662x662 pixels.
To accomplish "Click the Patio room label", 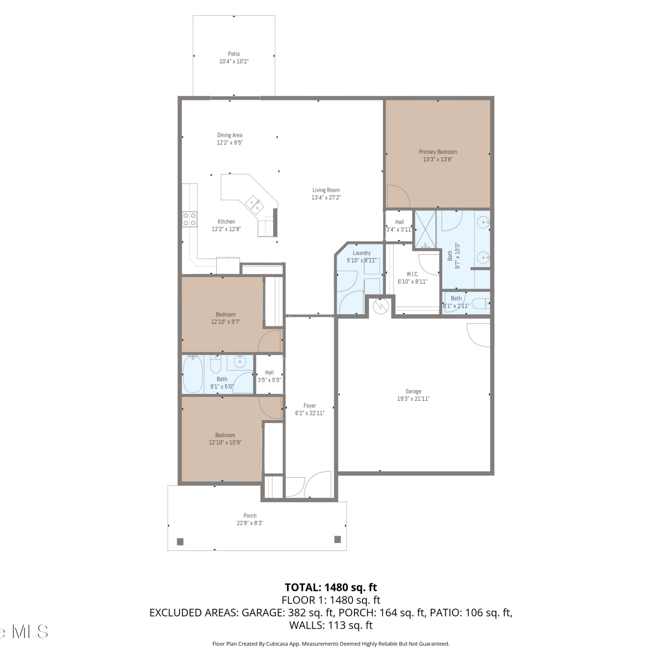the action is pos(234,54).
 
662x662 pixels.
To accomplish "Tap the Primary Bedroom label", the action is pos(438,152).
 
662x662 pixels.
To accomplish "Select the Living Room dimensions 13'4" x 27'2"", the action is pos(326,198).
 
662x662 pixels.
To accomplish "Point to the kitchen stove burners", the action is pos(190,219).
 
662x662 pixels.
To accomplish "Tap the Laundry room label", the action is pos(361,253).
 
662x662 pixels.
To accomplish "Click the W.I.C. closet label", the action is pos(412,274).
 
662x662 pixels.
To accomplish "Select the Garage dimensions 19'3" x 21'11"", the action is pos(413,399).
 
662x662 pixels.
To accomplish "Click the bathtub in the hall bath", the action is pos(192,374).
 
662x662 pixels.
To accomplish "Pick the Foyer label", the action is pos(310,406).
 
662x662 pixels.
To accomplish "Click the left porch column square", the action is pos(180,542).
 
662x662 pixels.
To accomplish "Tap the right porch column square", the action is pos(338,539).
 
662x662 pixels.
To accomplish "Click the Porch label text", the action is pos(250,515).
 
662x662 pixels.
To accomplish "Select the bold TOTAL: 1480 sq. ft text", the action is pos(331,587).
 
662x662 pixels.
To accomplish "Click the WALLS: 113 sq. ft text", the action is pos(331,625).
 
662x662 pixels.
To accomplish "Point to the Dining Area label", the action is pos(229,135).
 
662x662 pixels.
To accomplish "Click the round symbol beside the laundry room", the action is pos(380,306).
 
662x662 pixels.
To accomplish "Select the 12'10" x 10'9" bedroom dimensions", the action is pos(225,442).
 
